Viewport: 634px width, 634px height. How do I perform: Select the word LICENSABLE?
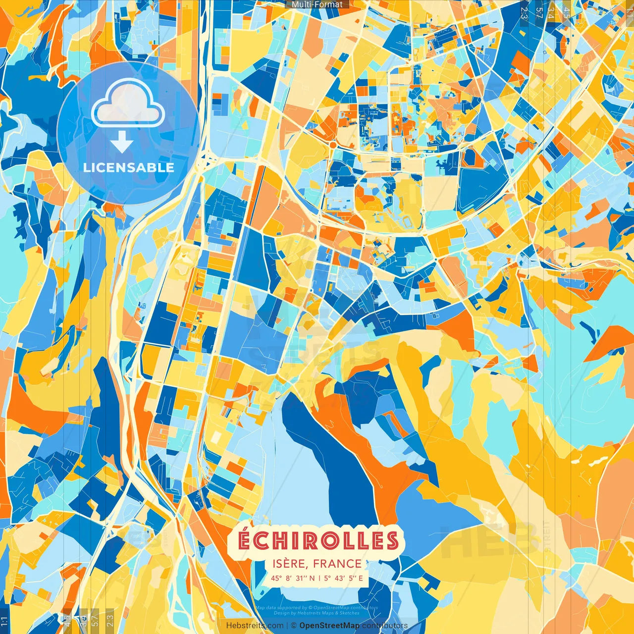coord(129,167)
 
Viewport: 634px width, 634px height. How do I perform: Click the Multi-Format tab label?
coord(317,4)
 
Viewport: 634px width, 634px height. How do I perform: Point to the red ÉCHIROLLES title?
coord(318,540)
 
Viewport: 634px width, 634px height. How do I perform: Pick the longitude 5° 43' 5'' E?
coord(344,578)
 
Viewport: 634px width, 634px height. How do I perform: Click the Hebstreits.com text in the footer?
coord(255,626)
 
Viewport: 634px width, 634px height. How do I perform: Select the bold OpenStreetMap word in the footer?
coord(329,626)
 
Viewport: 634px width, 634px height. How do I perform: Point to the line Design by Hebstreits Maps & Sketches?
coord(316,613)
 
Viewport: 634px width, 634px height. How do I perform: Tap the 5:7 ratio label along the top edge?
coord(539,12)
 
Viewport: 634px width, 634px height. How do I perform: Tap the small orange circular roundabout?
coord(332,146)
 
